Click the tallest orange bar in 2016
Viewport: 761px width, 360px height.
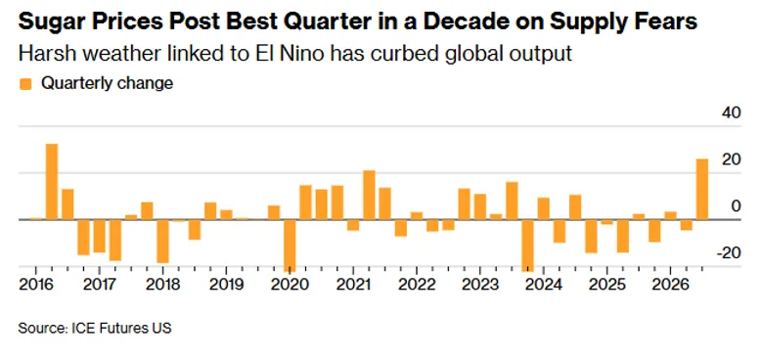pos(52,181)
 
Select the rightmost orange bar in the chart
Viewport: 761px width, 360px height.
pos(701,189)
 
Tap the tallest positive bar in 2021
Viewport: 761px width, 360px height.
pos(369,195)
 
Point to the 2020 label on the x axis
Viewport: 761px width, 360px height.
pos(290,285)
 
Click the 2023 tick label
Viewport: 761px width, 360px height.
pos(479,285)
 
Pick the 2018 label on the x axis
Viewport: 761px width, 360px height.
pos(163,285)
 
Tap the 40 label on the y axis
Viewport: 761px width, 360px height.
pos(732,113)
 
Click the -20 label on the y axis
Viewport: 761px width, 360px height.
pos(729,252)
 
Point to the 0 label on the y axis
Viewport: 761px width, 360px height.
pos(737,206)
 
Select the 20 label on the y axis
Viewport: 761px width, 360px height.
pos(732,159)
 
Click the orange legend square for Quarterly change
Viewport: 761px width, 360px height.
pos(25,84)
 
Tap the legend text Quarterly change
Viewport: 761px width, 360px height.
pos(107,83)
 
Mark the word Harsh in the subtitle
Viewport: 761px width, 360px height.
pos(46,54)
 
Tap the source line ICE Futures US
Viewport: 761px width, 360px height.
pos(121,329)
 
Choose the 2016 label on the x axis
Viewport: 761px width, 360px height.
pos(36,285)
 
